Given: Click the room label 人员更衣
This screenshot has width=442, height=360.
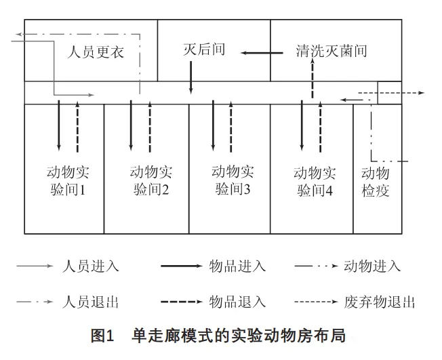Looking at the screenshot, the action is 96,52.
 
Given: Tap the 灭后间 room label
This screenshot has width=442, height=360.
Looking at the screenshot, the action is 204,49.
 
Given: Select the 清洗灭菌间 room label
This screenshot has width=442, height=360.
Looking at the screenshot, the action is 331,51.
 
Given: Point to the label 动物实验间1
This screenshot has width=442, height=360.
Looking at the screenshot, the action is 68,181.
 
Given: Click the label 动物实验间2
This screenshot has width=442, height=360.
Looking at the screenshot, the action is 151,181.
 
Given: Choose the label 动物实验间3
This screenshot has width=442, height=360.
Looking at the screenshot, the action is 233,180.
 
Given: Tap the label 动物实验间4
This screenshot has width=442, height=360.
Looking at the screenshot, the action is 315,181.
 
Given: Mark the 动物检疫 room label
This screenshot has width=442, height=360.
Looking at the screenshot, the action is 376,182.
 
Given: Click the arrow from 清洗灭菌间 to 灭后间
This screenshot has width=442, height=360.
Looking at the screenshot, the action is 262,53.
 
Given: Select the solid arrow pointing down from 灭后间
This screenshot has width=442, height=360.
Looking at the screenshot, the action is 191,77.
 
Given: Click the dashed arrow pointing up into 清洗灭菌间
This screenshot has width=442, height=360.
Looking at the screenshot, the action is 313,79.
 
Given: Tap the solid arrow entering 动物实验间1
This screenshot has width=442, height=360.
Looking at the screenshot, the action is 58,125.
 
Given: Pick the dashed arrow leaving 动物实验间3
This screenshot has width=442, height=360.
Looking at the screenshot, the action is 231,127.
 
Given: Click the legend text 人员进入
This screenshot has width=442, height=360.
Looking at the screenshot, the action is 90,266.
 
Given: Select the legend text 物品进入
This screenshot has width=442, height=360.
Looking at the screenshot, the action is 237,266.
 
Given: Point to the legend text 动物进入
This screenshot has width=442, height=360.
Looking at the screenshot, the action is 372,266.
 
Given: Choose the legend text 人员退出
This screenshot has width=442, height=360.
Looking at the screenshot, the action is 90,302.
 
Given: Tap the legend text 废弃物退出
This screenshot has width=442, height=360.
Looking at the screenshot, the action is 380,302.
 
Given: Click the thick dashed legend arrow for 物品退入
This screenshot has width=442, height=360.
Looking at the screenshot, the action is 182,302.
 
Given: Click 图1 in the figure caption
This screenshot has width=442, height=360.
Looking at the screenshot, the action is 102,336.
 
